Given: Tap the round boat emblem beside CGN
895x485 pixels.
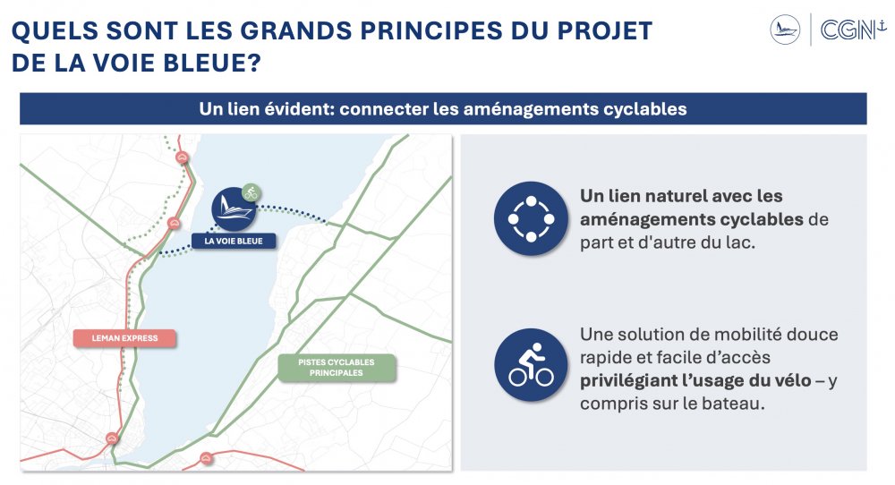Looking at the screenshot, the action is point(785,30).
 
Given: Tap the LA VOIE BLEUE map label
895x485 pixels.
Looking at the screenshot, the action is point(234,242).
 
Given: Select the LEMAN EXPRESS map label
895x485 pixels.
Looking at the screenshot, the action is point(124,338).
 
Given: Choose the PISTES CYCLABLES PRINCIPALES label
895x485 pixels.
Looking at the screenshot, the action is point(337,368).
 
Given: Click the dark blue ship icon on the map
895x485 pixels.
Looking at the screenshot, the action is point(234,208).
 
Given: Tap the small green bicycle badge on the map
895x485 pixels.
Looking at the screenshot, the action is point(251,193).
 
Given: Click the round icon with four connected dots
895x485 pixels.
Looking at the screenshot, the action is point(531,218).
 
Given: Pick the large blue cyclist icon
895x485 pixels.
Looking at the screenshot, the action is point(531,365).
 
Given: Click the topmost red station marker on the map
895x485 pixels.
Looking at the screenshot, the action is point(182,157).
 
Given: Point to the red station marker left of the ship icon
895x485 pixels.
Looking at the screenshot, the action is point(175,224).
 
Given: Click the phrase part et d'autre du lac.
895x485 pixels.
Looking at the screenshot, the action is point(668,242).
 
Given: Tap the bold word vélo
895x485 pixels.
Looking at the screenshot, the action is point(790,380).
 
